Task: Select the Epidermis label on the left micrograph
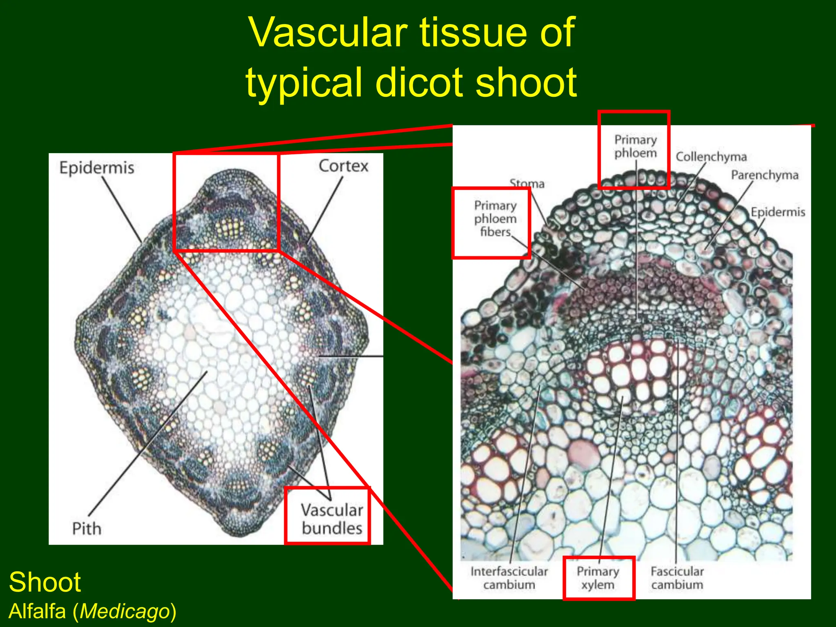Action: tap(97, 168)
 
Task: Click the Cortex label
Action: tap(343, 166)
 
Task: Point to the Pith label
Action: tap(87, 528)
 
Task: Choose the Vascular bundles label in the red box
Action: tap(332, 519)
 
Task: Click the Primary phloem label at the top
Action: tap(636, 146)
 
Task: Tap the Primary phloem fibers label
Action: tap(495, 218)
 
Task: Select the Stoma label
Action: tap(527, 184)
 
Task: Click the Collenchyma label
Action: tap(711, 157)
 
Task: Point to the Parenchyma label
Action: tap(764, 175)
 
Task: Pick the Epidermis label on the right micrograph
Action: tap(778, 212)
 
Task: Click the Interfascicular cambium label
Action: tap(509, 578)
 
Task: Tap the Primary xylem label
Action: tap(598, 578)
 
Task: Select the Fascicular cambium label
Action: tap(677, 578)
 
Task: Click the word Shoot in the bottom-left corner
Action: tap(45, 582)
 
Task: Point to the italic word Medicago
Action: tap(125, 611)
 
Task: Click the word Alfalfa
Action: tap(38, 611)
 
